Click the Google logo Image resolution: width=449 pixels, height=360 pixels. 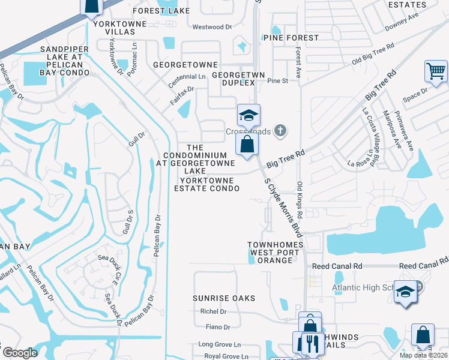[x=20, y=353]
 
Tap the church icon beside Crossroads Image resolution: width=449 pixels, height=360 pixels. [x=279, y=130]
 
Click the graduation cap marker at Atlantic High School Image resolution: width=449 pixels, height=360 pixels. [x=405, y=292]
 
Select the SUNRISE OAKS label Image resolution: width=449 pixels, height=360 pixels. [x=224, y=298]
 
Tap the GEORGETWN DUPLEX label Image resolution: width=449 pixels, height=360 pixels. [x=229, y=79]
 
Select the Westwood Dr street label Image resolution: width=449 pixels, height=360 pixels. [x=211, y=27]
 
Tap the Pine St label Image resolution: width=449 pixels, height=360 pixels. [x=278, y=80]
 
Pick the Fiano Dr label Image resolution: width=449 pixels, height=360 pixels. [x=218, y=327]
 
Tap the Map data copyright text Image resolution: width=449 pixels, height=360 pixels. [x=424, y=355]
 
